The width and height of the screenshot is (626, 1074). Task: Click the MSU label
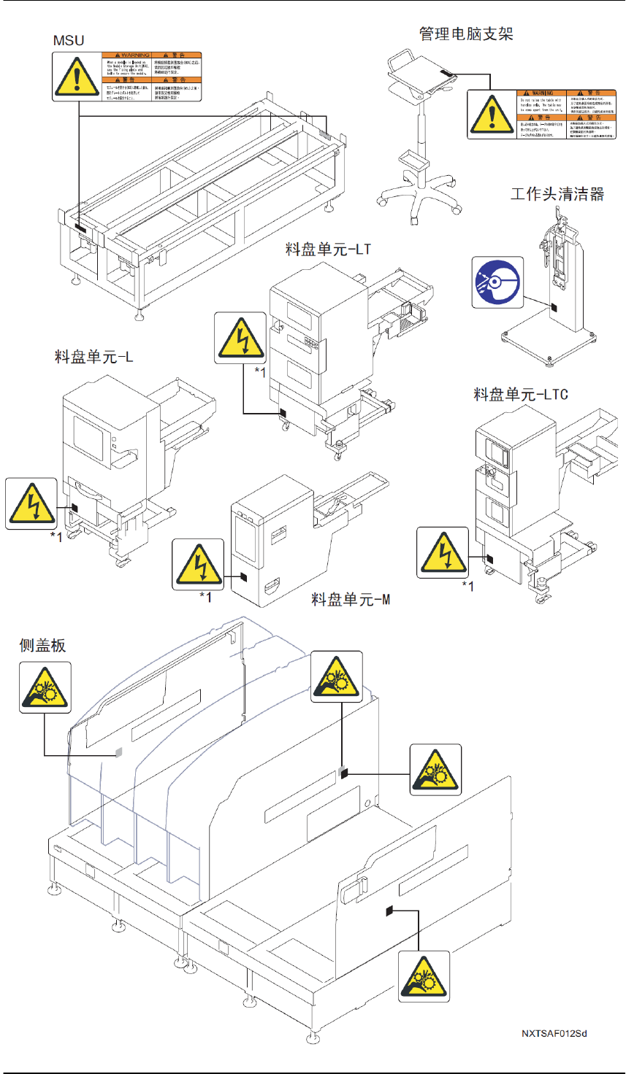[69, 40]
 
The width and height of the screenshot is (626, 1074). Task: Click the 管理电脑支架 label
[466, 34]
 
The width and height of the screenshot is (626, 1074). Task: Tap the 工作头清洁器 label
[557, 194]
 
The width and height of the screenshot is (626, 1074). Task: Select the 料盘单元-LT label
[328, 250]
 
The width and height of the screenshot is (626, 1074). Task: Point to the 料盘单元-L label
[93, 358]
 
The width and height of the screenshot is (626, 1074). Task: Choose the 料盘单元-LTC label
[521, 395]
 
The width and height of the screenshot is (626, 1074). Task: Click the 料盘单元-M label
[351, 600]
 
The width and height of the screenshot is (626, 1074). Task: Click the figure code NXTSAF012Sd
[554, 1033]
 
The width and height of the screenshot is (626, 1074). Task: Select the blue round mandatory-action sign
[497, 282]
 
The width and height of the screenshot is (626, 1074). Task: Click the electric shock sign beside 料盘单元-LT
[240, 337]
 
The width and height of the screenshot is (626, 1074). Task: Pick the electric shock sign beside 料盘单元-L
[31, 503]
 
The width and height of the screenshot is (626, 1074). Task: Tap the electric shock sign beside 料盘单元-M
[198, 564]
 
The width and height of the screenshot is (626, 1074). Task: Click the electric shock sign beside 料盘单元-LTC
[443, 552]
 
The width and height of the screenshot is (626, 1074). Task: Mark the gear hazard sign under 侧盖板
[45, 687]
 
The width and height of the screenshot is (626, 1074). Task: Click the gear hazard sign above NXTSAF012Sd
[424, 975]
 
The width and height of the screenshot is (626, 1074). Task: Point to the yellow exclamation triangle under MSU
[76, 77]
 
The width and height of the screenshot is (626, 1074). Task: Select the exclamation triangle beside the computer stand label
[492, 114]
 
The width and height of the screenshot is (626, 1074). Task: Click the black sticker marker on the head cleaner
[554, 308]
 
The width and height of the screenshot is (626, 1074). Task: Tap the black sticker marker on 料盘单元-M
[244, 576]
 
